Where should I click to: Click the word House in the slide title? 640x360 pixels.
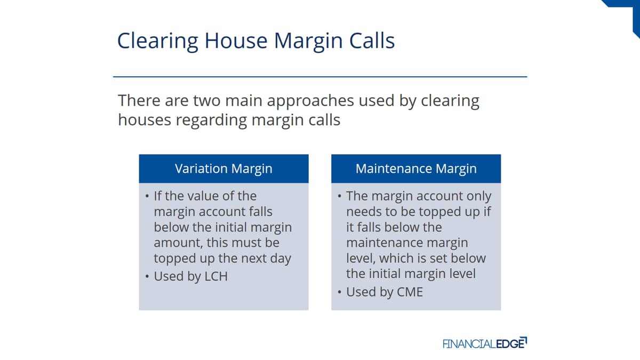coord(236,41)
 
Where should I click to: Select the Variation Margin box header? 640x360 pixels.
coord(223,169)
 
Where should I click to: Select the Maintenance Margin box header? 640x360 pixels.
coord(416,169)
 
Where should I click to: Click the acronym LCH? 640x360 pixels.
coord(216,276)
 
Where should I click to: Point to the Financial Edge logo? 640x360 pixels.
coord(485,343)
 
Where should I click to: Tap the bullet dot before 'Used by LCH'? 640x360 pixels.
coord(147,277)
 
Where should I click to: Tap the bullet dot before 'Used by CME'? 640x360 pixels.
coord(339,292)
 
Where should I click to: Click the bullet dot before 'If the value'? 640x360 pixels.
coord(147,196)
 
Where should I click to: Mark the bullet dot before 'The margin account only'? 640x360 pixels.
coord(339,196)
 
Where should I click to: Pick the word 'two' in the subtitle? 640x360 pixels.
coord(207,101)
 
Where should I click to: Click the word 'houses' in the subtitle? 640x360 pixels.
coord(145,119)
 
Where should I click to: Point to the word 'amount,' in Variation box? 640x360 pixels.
coord(178,243)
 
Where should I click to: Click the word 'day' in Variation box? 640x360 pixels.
coord(281,259)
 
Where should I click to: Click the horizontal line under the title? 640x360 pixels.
coord(320,77)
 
